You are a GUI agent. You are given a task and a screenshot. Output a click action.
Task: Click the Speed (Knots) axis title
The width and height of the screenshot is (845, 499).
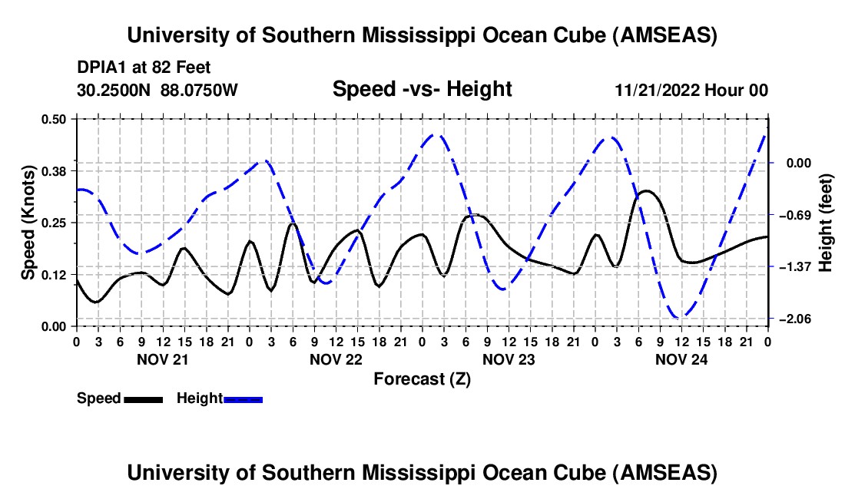(28, 223)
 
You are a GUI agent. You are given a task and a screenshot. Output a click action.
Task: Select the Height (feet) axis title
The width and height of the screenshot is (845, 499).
(826, 223)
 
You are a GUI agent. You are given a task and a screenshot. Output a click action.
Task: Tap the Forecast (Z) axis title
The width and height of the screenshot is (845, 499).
(422, 378)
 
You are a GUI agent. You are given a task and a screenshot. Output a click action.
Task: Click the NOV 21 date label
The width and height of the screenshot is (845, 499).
(162, 359)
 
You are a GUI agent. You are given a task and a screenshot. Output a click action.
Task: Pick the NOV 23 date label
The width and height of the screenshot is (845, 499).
(509, 359)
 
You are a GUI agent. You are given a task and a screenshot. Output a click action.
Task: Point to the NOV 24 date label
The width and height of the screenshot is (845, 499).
(681, 359)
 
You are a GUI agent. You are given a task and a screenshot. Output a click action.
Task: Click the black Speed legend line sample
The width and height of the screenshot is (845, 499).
(142, 399)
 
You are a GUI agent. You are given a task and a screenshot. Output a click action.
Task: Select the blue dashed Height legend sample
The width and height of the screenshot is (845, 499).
(243, 399)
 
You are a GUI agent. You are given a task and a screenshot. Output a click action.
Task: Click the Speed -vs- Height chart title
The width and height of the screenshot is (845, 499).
(422, 90)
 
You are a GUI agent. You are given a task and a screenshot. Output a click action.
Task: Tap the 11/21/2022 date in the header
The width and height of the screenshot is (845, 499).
(658, 91)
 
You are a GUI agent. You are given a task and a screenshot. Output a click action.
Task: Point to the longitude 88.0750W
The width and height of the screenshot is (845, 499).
(199, 91)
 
